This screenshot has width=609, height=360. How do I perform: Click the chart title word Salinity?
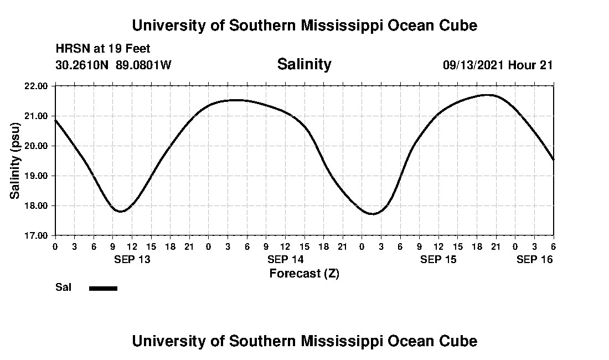(x=304, y=64)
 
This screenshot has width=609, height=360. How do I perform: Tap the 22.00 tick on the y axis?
(x=37, y=86)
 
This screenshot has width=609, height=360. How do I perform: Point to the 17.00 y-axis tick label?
(x=37, y=235)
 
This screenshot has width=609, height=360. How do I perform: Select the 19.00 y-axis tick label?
(x=37, y=176)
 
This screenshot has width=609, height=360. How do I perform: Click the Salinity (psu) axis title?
(x=16, y=161)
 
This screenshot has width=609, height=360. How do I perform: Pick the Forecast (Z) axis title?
(x=304, y=273)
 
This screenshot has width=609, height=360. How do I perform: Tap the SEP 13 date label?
(x=132, y=259)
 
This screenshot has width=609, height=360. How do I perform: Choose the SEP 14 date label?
(x=285, y=259)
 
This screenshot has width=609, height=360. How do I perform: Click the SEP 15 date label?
(x=438, y=259)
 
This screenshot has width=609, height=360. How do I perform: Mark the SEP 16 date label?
(x=535, y=259)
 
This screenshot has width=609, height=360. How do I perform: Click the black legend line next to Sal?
(x=103, y=288)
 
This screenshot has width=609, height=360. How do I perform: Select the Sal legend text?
(x=63, y=287)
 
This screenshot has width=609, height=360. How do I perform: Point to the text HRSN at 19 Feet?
(x=103, y=49)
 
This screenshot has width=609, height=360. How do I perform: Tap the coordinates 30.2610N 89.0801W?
(x=113, y=65)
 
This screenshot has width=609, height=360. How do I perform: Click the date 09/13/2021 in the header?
(x=473, y=65)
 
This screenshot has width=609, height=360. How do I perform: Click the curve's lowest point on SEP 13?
(x=120, y=211)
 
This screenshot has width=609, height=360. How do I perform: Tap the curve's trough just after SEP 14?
(x=373, y=214)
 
